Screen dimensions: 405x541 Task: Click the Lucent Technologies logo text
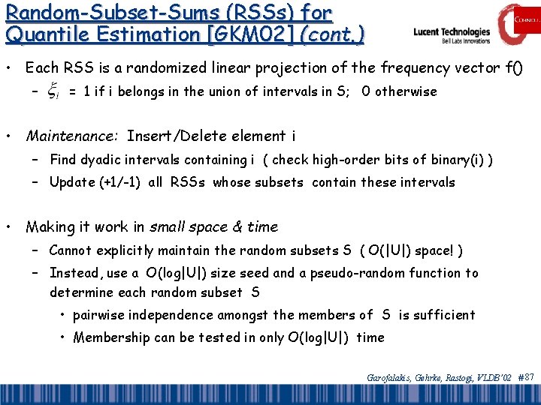(452, 33)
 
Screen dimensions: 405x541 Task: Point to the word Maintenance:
(71, 136)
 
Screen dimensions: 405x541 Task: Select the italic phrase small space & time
(213, 226)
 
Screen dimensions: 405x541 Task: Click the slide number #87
(526, 376)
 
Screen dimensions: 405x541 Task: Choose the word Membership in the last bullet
(111, 337)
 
